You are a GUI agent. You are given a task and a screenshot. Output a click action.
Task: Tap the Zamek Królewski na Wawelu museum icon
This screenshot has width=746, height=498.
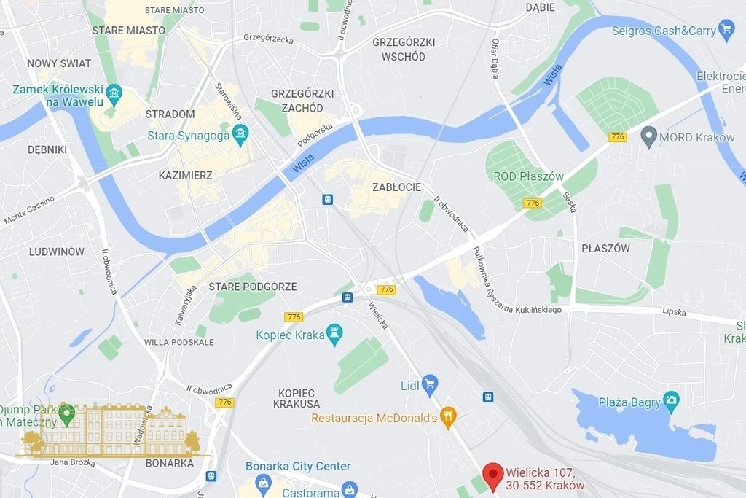coord(114,93)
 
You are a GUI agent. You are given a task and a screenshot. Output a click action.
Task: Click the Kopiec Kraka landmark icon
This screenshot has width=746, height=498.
coord(334,334)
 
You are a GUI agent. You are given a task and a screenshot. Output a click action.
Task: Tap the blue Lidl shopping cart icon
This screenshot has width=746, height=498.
coord(430,383)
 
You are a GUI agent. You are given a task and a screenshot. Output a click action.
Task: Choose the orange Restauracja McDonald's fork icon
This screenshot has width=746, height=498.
coord(449,417)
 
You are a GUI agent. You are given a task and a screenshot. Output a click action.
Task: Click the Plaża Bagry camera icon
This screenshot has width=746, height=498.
coord(671,400)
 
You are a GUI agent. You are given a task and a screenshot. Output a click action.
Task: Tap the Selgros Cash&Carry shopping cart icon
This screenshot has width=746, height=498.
coord(726,30)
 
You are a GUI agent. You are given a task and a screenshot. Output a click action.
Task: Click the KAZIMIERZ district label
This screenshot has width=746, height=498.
coord(186,176)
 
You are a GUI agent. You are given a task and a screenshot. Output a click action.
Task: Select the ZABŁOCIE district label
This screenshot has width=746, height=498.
coord(396,187)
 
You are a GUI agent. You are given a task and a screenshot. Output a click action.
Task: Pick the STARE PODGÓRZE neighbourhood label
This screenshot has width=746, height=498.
coord(253,287)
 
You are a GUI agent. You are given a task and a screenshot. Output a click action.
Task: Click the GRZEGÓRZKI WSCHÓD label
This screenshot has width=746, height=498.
coord(403,49)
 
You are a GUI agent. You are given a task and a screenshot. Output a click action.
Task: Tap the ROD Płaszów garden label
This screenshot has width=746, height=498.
coord(528,176)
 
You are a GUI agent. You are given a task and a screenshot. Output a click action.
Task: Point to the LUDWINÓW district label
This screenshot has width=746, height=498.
coord(56,252)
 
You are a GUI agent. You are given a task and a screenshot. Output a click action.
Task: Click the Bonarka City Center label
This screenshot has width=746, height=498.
coord(298,466)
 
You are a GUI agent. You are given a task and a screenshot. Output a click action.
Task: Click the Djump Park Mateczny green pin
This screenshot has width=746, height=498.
coord(66,413)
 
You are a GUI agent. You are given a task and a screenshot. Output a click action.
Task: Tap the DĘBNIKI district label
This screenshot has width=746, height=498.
coord(47,149)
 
